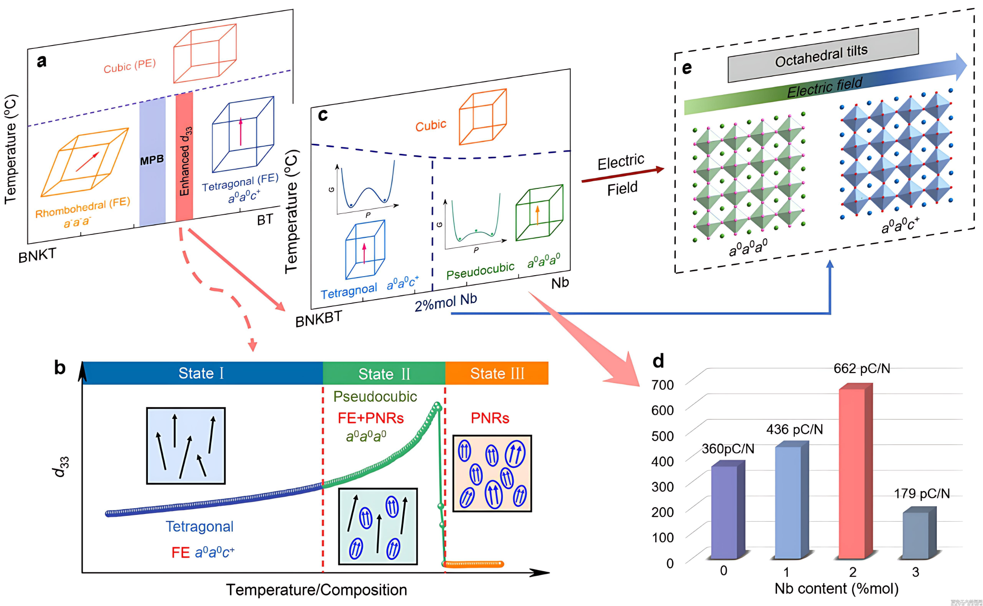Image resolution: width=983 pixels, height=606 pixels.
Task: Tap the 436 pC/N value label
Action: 794,429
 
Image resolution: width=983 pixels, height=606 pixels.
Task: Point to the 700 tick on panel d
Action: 662,385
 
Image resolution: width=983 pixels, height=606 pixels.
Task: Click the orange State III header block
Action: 497,373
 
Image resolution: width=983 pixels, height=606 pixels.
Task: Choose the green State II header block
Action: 384,373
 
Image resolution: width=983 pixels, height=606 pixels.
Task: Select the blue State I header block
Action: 202,373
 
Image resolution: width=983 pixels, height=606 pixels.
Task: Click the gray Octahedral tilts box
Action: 823,56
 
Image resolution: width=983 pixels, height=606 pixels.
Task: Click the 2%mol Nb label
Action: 445,302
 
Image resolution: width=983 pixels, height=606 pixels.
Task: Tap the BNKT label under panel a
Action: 37,255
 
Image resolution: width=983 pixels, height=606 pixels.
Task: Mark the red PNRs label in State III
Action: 490,418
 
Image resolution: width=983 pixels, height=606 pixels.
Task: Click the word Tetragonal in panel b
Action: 200,526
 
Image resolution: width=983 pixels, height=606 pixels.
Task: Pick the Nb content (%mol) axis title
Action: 836,588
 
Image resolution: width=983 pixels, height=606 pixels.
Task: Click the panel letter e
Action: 687,68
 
